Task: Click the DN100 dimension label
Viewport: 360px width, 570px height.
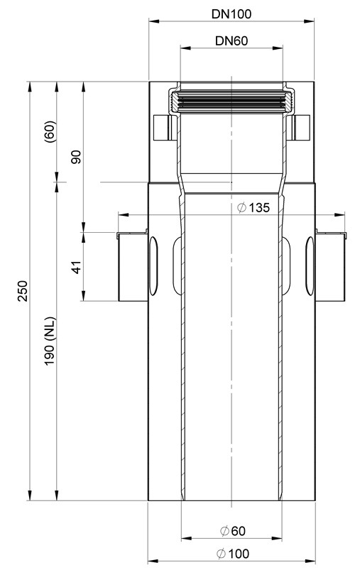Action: pos(231,13)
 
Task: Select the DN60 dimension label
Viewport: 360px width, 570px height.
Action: pos(231,40)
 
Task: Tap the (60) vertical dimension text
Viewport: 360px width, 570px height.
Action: pos(50,131)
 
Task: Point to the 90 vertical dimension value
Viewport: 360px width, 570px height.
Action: pos(77,156)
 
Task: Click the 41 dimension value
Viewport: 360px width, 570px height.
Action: pos(77,267)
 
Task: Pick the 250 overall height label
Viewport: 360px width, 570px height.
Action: pos(23,291)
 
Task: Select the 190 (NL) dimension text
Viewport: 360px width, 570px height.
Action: pos(50,341)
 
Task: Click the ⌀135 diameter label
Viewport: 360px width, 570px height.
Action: pos(253,207)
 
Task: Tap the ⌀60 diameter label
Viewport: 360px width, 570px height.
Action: pos(233,531)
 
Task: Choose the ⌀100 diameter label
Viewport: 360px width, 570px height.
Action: pos(233,554)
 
